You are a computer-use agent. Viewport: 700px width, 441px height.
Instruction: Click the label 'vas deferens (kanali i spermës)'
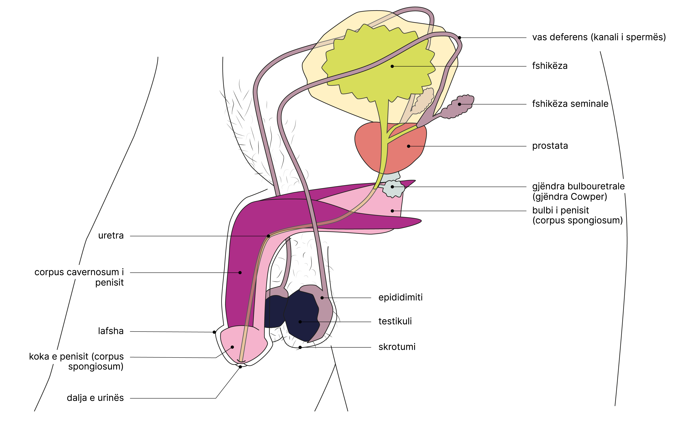point(599,38)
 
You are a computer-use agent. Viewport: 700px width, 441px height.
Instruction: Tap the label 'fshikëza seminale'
point(570,104)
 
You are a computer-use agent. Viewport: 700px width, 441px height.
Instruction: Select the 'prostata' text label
point(550,146)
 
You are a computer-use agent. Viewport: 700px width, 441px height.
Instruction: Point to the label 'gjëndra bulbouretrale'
point(578,186)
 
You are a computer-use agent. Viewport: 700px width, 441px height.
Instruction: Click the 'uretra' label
point(111,236)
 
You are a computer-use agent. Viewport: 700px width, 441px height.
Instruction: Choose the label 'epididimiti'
point(400,297)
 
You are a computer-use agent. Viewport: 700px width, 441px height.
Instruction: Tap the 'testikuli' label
point(395,321)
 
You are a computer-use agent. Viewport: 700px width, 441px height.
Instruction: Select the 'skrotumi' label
point(397,347)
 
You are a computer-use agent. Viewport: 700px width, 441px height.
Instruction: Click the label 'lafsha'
point(111,331)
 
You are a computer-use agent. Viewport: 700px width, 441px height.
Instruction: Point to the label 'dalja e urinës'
point(95,398)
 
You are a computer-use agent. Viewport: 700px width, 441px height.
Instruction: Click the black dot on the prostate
point(408,146)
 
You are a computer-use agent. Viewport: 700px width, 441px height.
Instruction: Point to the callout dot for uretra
point(268,236)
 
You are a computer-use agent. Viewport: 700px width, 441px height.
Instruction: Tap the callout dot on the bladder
point(392,66)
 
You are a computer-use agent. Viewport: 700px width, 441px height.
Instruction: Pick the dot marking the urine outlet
point(240,367)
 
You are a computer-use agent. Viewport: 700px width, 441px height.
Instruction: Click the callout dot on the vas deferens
point(459,38)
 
